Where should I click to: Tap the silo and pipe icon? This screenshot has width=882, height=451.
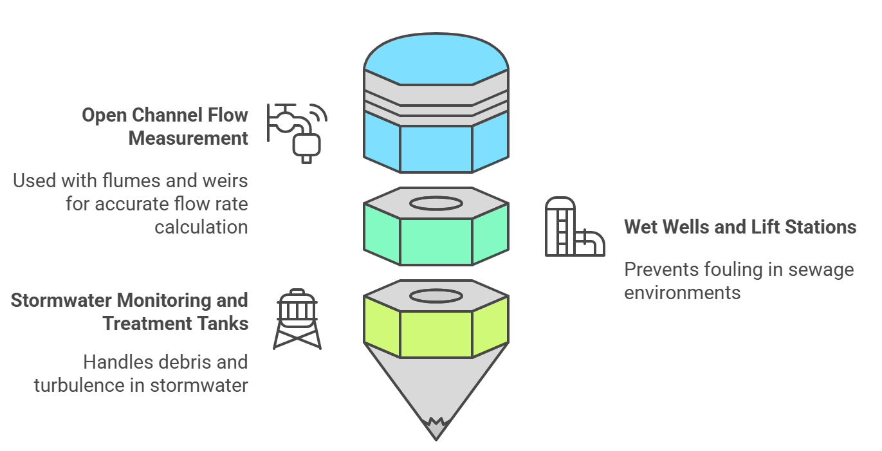click(574, 227)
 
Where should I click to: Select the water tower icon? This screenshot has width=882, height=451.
click(297, 320)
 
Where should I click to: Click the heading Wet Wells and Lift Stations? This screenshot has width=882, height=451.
click(740, 227)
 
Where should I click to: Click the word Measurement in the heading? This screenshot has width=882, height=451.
click(188, 138)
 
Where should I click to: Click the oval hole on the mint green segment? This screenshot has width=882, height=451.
click(436, 204)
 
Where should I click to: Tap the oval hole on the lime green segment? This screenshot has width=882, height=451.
click(436, 296)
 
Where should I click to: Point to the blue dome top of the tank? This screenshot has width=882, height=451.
click(436, 59)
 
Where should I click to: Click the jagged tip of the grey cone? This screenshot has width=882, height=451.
click(436, 425)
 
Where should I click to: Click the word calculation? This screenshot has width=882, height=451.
click(201, 227)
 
